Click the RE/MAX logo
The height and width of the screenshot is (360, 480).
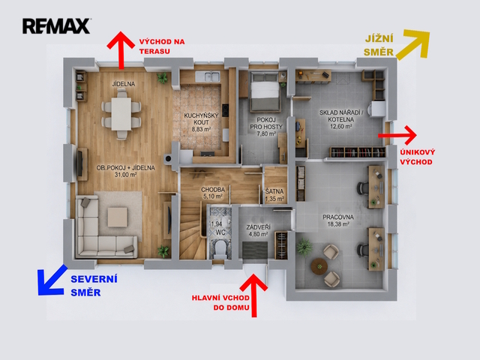pos(56,26)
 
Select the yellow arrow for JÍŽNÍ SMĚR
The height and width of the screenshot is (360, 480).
pos(413,43)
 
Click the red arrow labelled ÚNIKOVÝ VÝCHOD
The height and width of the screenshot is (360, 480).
pos(397,135)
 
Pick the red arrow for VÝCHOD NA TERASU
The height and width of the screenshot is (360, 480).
pos(121,50)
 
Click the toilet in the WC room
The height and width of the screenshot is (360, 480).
pos(220,248)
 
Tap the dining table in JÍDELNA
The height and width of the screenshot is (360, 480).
pos(121,114)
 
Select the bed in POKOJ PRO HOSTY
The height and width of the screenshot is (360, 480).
pos(265,91)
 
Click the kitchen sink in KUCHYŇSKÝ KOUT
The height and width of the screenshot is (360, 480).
pos(208,76)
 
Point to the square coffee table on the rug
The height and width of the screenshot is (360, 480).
pos(118,217)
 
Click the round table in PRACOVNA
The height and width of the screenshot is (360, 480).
pos(319,266)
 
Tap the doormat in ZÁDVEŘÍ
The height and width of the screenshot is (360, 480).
pos(255,250)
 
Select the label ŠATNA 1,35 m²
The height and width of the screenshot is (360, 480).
pos(274,195)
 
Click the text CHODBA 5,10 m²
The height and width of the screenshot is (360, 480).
pos(213,193)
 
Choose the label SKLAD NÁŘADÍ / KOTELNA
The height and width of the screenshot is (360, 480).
pos(341,116)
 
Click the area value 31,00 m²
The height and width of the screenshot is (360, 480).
pos(125,175)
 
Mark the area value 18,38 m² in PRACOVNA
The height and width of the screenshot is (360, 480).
pos(338,224)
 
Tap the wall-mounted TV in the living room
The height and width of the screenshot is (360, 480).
pos(80,163)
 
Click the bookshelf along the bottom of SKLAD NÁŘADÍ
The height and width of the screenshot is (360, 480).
pos(358,152)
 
